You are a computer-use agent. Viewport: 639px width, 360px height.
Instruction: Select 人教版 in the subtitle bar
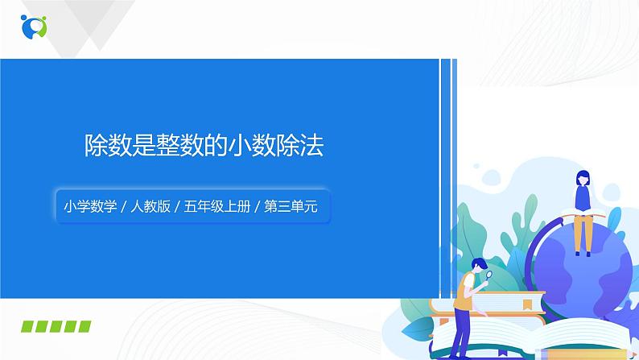[150, 206]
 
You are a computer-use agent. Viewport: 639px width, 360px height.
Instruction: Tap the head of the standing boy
[477, 265]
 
